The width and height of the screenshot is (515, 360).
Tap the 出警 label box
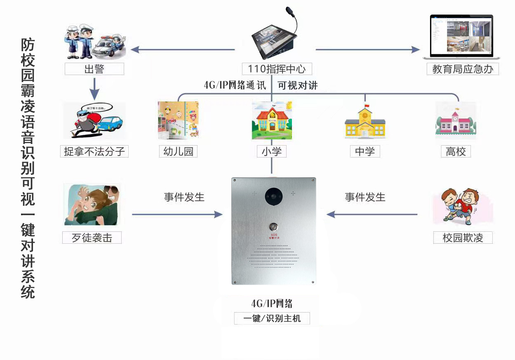tap(94, 69)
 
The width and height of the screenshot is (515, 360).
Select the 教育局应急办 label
tap(463, 69)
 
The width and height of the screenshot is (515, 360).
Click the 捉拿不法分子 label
tap(94, 151)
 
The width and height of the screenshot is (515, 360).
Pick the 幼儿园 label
tap(178, 151)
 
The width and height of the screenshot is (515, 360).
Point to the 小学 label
tap(271, 151)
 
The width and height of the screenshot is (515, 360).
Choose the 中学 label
tap(365, 151)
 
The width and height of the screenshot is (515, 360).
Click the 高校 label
tap(456, 151)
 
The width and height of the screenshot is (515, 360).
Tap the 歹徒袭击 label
tap(92, 238)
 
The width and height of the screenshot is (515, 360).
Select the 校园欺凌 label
tap(463, 238)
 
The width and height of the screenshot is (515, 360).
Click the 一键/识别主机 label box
tap(272, 318)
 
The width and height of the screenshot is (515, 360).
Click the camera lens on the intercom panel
tap(273, 195)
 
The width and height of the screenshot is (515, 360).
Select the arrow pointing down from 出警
tap(94, 88)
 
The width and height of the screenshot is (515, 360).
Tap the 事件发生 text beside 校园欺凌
tap(365, 197)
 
